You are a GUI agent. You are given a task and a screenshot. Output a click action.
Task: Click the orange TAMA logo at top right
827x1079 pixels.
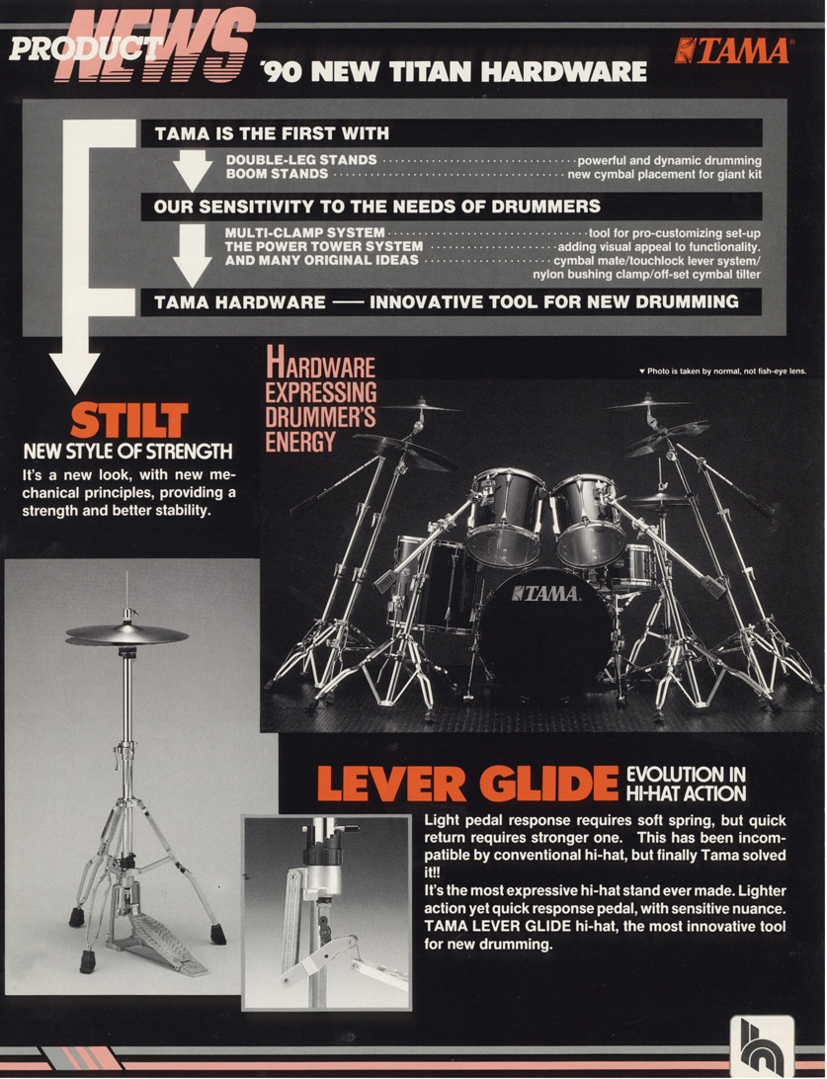pos(733,51)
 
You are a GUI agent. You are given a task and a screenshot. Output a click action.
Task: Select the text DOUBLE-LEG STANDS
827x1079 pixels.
pos(301,160)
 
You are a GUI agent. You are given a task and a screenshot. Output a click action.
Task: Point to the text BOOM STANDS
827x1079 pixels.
pos(277,174)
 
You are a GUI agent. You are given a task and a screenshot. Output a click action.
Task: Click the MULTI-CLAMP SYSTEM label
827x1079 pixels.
pos(304,232)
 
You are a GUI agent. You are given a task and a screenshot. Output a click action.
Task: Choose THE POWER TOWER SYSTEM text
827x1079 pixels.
pos(323,246)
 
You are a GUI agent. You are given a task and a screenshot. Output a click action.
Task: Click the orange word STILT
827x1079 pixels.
pos(128,421)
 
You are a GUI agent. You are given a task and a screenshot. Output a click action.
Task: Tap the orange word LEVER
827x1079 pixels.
pos(391,784)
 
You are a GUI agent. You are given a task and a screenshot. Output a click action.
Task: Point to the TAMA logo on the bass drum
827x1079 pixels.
pos(545,593)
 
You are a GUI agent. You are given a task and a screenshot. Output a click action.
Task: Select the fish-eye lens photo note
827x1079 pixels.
pos(721,371)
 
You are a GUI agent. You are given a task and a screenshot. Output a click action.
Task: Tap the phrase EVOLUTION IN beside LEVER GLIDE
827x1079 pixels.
pos(686,774)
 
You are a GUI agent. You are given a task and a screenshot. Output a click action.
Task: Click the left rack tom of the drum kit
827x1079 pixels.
pos(505,516)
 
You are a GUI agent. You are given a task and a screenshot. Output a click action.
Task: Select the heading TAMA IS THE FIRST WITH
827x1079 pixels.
pos(272,133)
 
